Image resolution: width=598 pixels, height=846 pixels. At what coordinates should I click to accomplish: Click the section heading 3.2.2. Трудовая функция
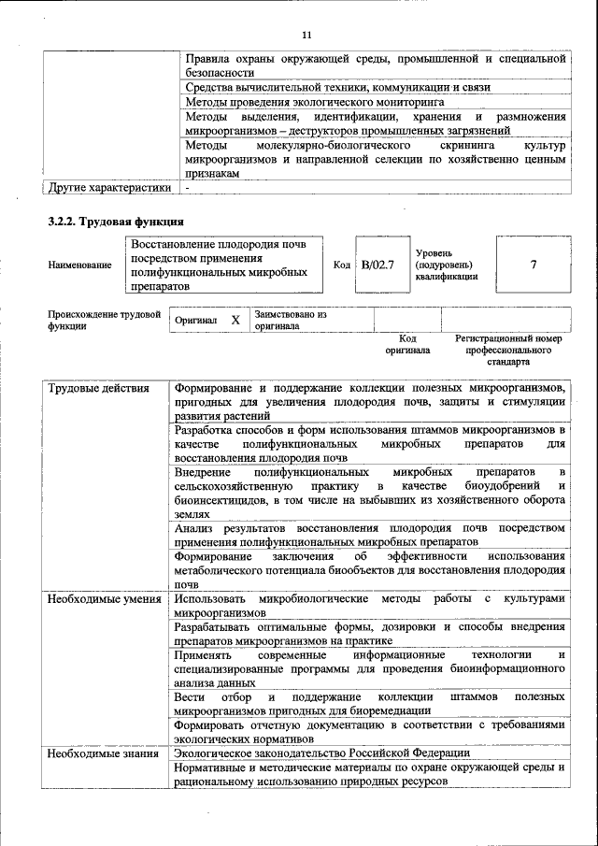tap(115, 222)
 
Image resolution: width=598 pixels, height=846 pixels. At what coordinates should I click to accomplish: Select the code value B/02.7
tap(378, 265)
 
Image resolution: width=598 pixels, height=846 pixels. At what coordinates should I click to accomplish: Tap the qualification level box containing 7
tap(533, 265)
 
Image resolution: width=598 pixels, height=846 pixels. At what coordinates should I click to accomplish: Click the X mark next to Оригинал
tap(235, 321)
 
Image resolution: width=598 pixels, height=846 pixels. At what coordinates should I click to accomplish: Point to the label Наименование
tap(79, 265)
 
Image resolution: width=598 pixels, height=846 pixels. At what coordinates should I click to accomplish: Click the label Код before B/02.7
tap(342, 265)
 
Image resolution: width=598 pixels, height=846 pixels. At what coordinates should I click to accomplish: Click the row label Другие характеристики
tap(109, 188)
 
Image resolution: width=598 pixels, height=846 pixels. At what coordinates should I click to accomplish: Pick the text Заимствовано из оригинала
tap(290, 321)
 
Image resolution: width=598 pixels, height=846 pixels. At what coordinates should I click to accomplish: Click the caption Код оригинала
tap(407, 344)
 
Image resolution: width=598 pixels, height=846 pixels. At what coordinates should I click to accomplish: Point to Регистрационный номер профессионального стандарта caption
tap(508, 350)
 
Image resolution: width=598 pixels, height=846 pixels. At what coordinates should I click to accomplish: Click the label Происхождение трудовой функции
tap(104, 321)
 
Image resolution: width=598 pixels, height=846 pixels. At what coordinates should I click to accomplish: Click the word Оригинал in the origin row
tap(196, 321)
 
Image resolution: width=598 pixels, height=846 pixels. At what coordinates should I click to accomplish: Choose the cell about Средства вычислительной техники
tap(337, 87)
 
